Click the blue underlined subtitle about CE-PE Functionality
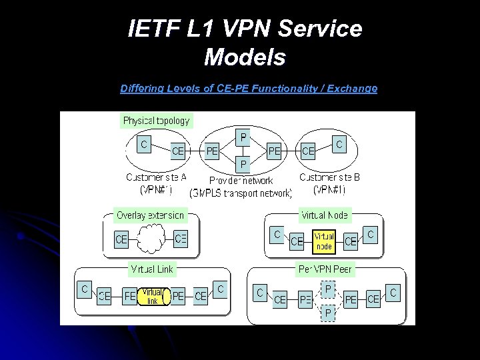(249, 88)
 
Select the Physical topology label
(157, 121)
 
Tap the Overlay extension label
(150, 215)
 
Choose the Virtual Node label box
(325, 215)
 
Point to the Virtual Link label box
(151, 269)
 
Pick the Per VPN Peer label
(325, 269)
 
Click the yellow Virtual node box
(324, 241)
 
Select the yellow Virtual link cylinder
(153, 296)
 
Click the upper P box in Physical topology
(243, 138)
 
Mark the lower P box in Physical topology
(243, 163)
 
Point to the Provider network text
(241, 181)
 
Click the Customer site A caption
(156, 177)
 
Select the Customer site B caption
(329, 177)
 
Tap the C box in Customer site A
(144, 143)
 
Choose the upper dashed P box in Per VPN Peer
(327, 288)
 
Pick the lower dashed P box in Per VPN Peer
(327, 311)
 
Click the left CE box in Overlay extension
(121, 239)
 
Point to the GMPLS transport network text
(241, 193)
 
